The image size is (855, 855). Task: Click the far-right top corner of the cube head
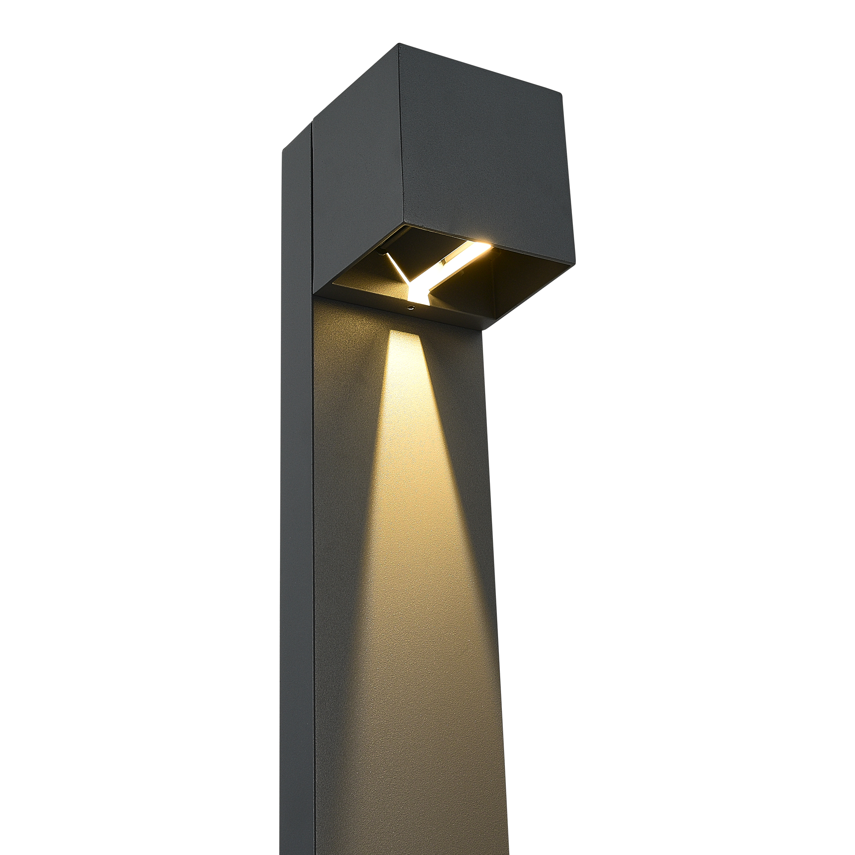(562, 94)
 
